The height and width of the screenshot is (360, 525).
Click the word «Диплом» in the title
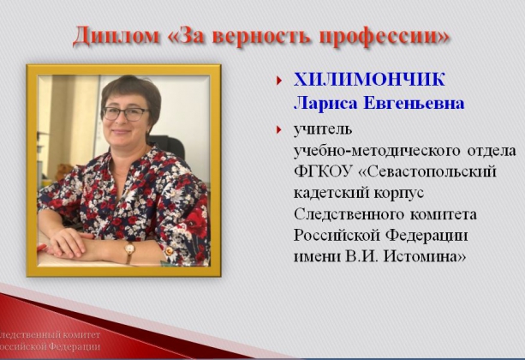(x=116, y=36)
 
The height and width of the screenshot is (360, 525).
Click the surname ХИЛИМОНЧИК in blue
(x=369, y=80)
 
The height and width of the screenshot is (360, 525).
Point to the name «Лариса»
(x=325, y=103)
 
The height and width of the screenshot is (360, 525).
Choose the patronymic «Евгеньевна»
(x=414, y=103)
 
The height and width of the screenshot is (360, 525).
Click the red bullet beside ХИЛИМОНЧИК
(x=278, y=81)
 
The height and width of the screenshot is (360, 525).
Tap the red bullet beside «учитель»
(x=278, y=129)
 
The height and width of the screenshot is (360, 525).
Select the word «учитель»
(x=323, y=129)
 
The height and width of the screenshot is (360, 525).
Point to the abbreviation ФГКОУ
(x=323, y=171)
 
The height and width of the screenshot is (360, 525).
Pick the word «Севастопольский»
(x=427, y=171)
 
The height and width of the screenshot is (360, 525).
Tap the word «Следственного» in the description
(x=349, y=214)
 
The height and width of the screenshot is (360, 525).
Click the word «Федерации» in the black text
(x=427, y=236)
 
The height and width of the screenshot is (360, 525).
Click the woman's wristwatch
(x=129, y=249)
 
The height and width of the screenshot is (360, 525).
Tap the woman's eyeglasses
(x=126, y=114)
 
